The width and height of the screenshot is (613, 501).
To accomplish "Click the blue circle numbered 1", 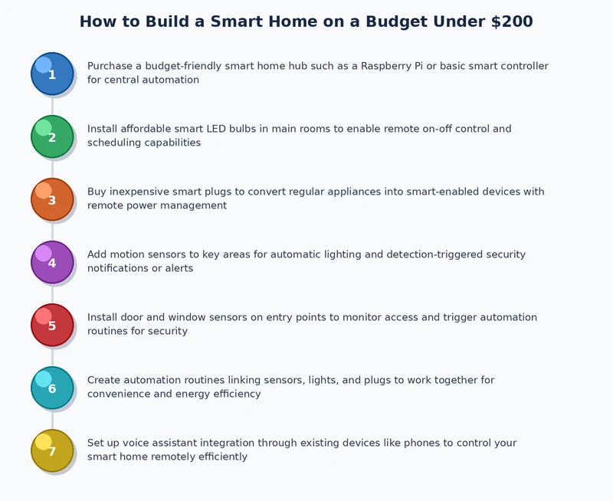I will coord(52,74).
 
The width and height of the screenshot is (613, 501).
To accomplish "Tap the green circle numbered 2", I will coord(52,136).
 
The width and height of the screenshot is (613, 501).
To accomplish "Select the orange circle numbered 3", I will coord(52,199).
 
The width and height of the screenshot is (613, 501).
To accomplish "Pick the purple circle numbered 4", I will coord(52,262).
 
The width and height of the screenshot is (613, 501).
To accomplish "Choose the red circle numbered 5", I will coord(52,325).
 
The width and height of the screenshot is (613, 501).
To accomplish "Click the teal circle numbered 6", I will coord(52,388).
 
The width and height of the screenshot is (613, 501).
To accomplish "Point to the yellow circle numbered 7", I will coord(52,450).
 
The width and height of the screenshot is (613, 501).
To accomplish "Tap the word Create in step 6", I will coord(104,380).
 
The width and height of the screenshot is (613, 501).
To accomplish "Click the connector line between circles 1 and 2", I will coord(52,105).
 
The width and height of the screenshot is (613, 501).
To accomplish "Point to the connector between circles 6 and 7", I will coord(52,419).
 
